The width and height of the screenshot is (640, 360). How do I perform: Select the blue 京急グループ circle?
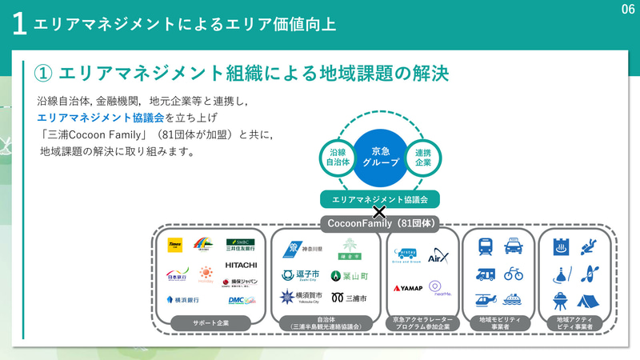tap(380, 151)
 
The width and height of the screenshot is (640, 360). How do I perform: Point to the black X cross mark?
tap(380, 213)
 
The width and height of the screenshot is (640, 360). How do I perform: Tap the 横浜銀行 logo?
tap(182, 300)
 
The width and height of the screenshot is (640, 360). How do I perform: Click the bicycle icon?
tap(513, 274)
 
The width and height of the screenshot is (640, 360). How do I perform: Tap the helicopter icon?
tap(485, 300)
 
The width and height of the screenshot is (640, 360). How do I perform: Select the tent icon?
tap(590, 300)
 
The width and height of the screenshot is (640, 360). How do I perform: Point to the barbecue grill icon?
tap(561, 300)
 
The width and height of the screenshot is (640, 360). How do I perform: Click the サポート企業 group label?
tap(210, 322)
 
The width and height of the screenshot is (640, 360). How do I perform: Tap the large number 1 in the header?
tap(20, 24)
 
